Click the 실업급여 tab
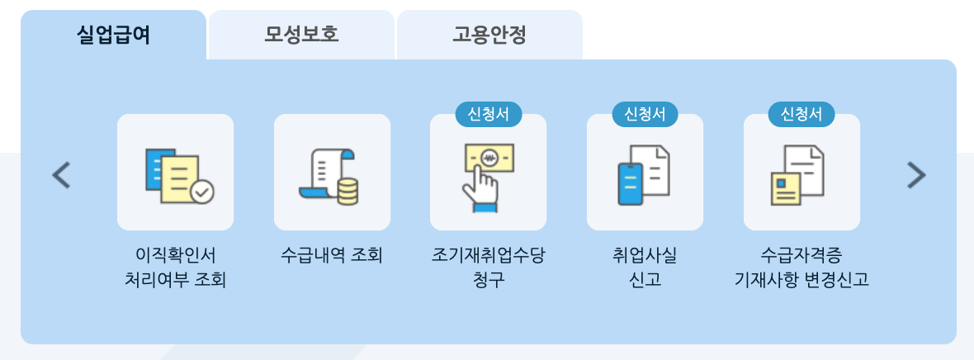pos(113,36)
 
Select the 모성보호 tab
pos(301,36)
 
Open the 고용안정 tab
pos(489,36)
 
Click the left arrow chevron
pos(61,174)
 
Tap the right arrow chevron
pos(916,174)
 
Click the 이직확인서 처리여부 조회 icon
pos(175,173)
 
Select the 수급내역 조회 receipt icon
pos(332,173)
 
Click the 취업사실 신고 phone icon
pos(645,173)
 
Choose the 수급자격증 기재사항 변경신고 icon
pos(801,173)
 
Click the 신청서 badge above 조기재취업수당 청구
pos(488,114)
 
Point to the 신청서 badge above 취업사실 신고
pos(645,114)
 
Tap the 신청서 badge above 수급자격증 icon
pos(801,114)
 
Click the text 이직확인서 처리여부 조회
pos(175,267)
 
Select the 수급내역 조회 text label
pos(332,255)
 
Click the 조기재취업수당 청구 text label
pos(488,267)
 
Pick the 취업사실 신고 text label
pos(645,267)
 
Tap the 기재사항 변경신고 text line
pos(801,280)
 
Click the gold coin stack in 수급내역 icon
pos(348,191)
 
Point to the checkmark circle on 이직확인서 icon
pos(201,192)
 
